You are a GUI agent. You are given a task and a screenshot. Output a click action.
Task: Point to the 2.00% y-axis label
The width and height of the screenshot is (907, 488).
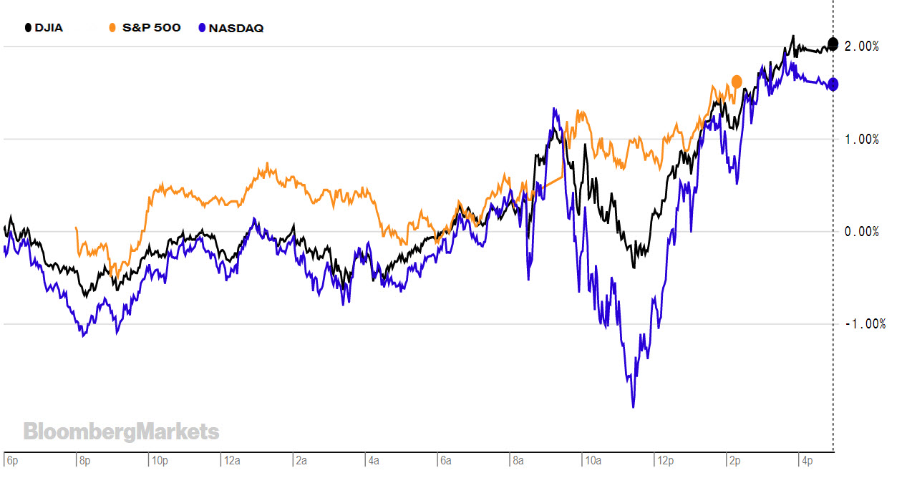click(x=862, y=47)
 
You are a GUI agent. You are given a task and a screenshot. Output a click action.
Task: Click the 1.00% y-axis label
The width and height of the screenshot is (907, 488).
click(x=862, y=140)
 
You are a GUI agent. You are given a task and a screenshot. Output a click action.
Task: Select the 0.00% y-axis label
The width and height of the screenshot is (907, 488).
click(x=862, y=232)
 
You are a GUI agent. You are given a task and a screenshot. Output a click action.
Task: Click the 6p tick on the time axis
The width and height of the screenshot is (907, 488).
click(x=11, y=462)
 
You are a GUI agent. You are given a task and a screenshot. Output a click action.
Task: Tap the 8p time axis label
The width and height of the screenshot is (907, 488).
click(x=84, y=462)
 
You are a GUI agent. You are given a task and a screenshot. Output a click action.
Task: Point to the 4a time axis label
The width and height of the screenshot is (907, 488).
click(x=374, y=462)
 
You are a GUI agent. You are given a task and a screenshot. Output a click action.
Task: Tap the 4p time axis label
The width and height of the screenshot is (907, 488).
click(x=807, y=462)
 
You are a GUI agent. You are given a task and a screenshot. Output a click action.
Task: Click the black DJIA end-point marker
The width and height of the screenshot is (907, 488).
click(x=833, y=43)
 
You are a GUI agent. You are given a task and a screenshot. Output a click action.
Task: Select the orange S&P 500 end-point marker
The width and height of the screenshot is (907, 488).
click(x=737, y=82)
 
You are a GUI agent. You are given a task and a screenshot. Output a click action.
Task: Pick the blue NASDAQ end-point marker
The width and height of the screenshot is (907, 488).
click(x=833, y=84)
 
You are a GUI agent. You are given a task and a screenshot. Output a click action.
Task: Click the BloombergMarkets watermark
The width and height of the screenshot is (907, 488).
click(x=121, y=431)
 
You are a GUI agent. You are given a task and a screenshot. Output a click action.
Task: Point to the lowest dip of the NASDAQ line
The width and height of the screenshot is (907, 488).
click(x=634, y=406)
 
